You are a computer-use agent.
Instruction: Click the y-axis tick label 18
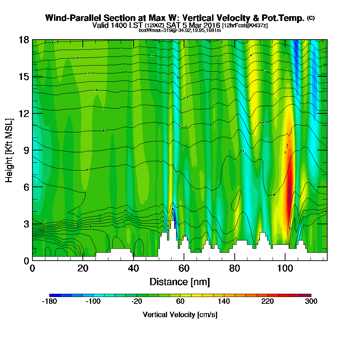[x=24, y=40]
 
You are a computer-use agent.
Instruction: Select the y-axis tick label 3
[x=26, y=224]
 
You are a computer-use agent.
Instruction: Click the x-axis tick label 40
[x=133, y=268]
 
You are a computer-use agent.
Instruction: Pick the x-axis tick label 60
[x=184, y=268]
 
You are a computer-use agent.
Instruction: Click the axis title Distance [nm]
[x=180, y=282]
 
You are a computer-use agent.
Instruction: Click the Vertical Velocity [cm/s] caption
[x=180, y=315]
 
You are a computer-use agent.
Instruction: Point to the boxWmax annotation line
[x=180, y=30]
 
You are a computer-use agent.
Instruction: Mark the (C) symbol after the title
[x=311, y=18]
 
